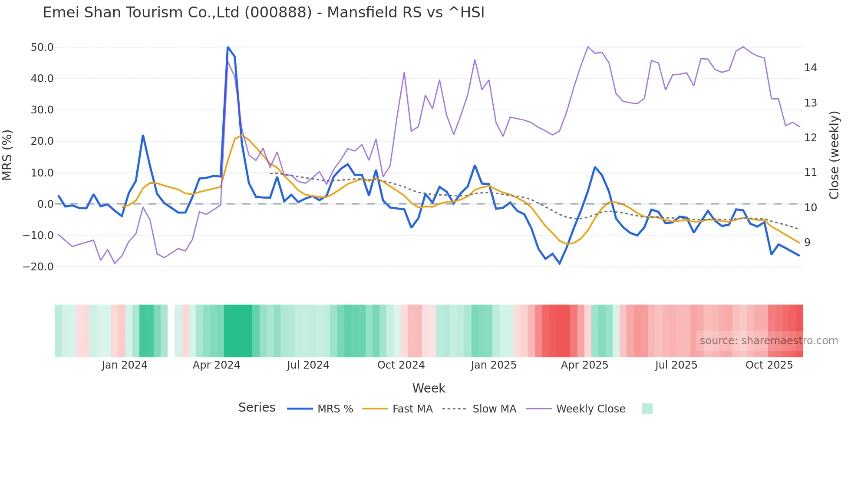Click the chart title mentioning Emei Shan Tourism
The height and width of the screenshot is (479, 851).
point(263,13)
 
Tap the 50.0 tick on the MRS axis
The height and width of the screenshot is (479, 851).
point(42,47)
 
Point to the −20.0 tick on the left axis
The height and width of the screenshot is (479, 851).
point(38,267)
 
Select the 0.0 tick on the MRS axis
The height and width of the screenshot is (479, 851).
point(45,204)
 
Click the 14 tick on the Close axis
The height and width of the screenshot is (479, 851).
point(811,68)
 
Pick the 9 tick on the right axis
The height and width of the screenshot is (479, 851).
point(807,243)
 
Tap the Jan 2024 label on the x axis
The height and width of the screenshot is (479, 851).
point(125,365)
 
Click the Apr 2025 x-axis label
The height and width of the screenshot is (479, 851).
point(584,365)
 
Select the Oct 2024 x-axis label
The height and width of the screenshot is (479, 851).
point(401,365)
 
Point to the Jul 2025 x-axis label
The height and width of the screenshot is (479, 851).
point(676,365)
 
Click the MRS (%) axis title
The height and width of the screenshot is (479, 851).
point(7,155)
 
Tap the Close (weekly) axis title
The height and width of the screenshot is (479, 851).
point(834,155)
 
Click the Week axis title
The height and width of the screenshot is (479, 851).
point(429,388)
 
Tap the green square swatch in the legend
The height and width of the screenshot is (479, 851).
point(647,409)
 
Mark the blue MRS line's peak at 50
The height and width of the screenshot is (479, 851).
point(228,47)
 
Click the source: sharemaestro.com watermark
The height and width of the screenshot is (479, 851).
point(769,341)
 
